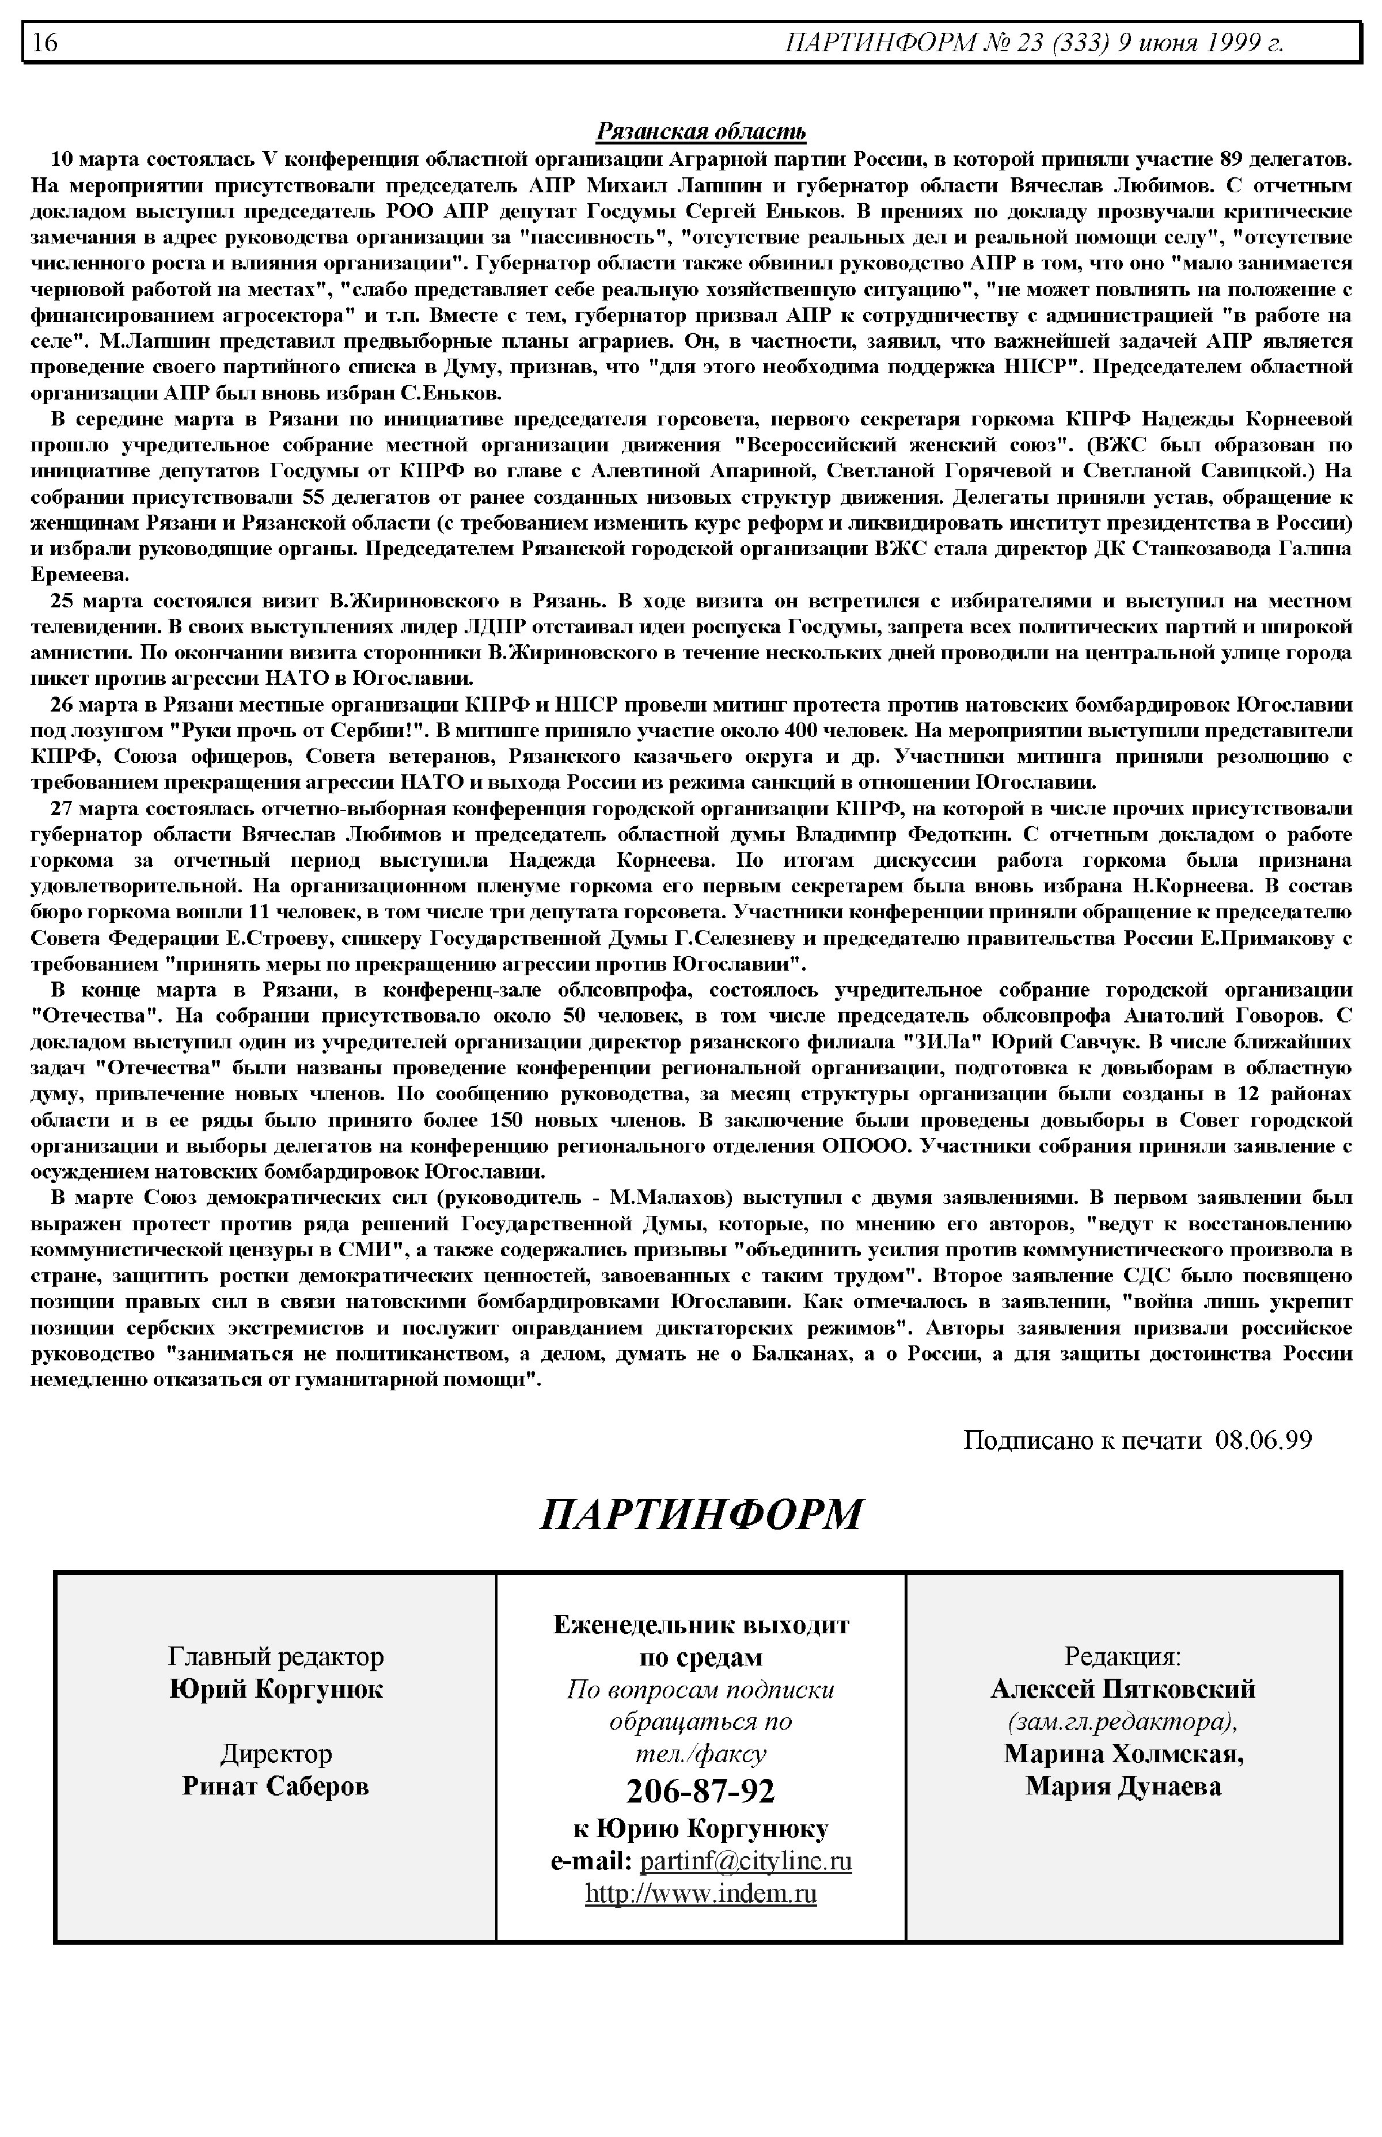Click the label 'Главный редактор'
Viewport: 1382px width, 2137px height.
pyautogui.click(x=275, y=1656)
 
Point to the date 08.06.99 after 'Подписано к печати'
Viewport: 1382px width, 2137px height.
pyautogui.click(x=1263, y=1440)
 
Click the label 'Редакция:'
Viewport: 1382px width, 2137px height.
pyautogui.click(x=1123, y=1656)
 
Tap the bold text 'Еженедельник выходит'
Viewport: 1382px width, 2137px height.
pyautogui.click(x=701, y=1625)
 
